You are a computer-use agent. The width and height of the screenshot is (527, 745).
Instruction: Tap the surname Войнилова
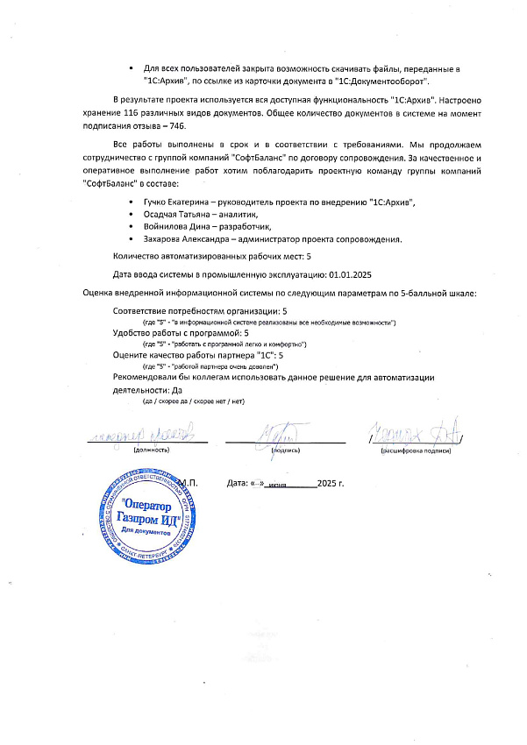[x=165, y=226]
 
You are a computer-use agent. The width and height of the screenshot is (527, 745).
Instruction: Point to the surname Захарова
[x=161, y=238]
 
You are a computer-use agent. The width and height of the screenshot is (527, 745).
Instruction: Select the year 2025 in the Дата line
[x=328, y=483]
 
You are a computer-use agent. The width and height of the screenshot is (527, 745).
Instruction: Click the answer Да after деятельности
[x=178, y=389]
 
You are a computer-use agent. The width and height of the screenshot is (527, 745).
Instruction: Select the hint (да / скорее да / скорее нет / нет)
[x=194, y=401]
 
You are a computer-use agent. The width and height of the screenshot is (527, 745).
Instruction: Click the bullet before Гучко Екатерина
[x=131, y=202]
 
